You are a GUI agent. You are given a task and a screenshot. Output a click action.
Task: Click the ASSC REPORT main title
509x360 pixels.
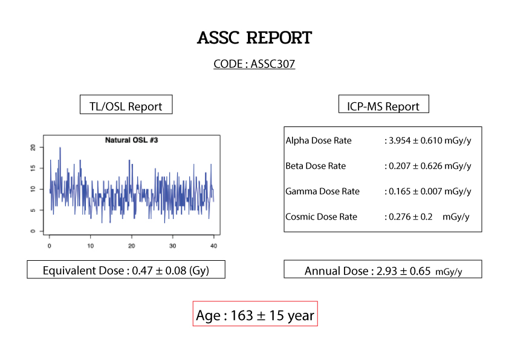254,38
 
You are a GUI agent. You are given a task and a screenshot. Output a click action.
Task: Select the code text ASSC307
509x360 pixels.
273,64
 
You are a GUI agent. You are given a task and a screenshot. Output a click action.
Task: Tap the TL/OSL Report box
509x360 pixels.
126,105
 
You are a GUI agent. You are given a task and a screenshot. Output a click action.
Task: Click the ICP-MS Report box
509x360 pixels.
384,104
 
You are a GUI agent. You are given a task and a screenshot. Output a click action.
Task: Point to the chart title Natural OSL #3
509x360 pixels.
131,140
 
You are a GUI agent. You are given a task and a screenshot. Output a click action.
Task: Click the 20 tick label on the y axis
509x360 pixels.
33,148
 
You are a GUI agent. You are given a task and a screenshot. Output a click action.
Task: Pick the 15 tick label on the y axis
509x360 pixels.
33,168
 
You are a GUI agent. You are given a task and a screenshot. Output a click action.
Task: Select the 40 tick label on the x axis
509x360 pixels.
213,246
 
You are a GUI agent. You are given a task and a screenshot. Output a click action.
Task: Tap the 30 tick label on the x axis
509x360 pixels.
172,246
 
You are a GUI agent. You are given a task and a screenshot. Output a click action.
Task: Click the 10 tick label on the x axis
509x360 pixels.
90,246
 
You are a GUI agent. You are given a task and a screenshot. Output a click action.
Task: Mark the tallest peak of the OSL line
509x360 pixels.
60,148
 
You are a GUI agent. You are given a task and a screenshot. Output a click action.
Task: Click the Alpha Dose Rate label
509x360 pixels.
319,140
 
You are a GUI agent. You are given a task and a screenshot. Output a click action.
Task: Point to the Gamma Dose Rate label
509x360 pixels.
322,191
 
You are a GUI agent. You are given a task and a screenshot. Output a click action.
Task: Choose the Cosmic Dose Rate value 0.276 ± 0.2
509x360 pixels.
410,217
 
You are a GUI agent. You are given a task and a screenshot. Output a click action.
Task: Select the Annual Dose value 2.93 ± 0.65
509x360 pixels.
403,270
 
